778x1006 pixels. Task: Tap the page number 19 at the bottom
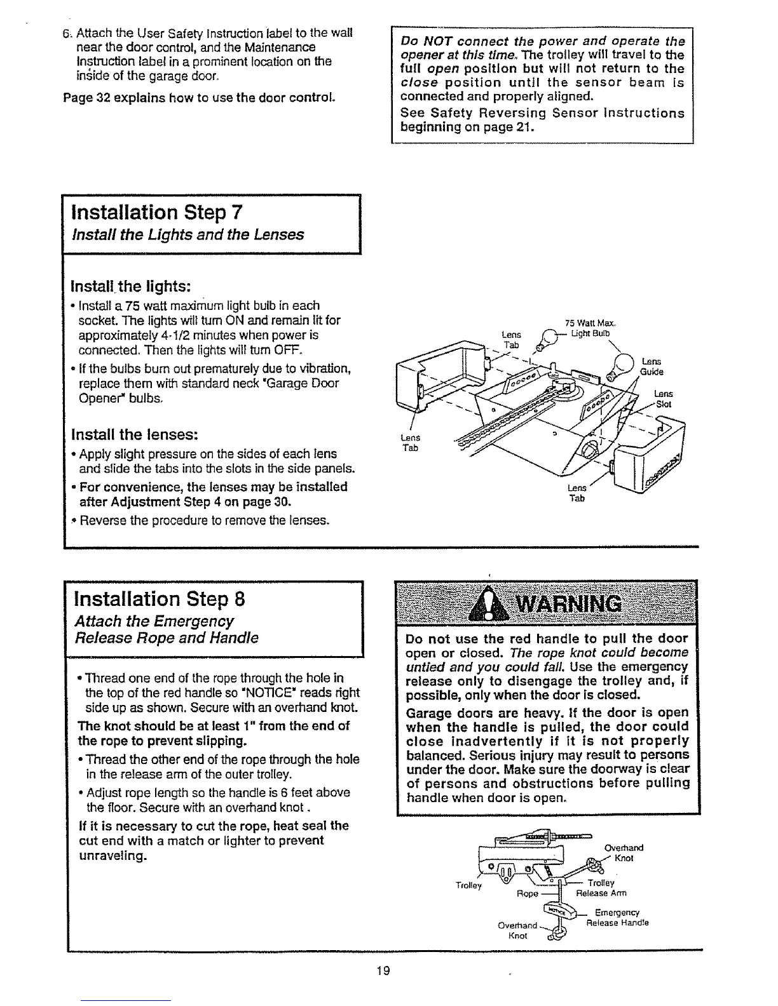pyautogui.click(x=382, y=971)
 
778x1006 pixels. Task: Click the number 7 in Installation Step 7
pyautogui.click(x=235, y=211)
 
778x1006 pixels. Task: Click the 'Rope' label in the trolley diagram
pyautogui.click(x=528, y=893)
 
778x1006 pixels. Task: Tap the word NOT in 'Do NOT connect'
pyautogui.click(x=433, y=41)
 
